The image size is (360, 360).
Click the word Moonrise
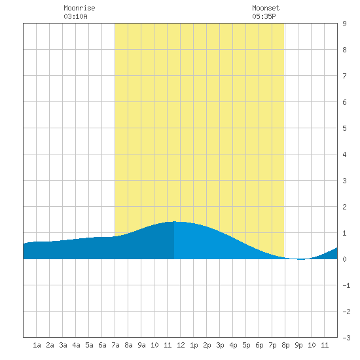[x=79, y=8]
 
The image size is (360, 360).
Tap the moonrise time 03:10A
[x=75, y=16]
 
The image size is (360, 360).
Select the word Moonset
[x=266, y=8]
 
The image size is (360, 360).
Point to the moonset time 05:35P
[x=264, y=16]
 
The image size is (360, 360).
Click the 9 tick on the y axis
[x=344, y=24]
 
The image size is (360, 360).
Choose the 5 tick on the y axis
[x=344, y=128]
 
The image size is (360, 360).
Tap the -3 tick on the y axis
[x=346, y=338]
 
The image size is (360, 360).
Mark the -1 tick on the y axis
[x=346, y=285]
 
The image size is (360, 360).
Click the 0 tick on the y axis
[x=344, y=259]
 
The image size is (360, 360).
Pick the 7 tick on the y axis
[x=344, y=76]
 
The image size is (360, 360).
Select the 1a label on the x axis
[x=37, y=345]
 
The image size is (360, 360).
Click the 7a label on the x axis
[x=115, y=345]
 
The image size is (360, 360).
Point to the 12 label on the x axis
[x=181, y=345]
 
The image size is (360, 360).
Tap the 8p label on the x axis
[x=285, y=345]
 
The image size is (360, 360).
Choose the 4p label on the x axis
[x=233, y=345]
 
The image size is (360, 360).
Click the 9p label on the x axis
[x=298, y=345]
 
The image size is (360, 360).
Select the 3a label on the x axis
[x=63, y=345]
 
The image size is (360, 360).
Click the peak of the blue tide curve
[x=174, y=221]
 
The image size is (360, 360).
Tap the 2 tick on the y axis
[x=344, y=207]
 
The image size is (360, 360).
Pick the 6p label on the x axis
[x=259, y=345]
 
